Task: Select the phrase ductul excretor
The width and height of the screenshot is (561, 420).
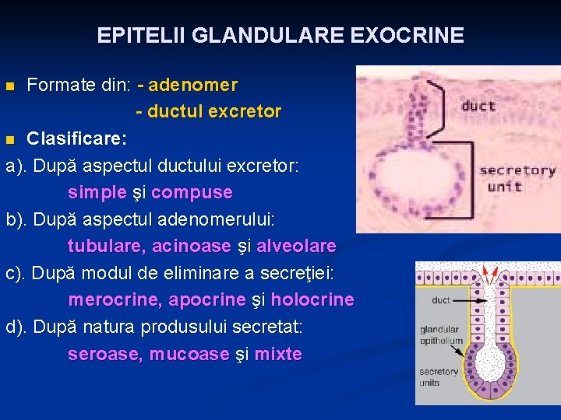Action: coord(214,111)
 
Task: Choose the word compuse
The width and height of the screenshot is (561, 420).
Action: coord(192,192)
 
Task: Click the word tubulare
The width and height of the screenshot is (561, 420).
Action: coord(105,247)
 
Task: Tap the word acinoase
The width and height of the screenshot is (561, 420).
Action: coord(192,247)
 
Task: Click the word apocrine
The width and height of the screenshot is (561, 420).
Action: coord(207,300)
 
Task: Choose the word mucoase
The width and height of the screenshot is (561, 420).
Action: coord(189,355)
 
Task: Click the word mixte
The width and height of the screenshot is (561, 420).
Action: coord(278,355)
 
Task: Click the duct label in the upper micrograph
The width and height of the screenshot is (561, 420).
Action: coord(478,106)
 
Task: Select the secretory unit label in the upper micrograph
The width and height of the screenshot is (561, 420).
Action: coord(517,178)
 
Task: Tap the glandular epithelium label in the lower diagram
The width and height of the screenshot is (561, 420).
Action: coord(440,334)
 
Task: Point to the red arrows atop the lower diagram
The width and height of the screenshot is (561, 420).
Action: coord(492,274)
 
